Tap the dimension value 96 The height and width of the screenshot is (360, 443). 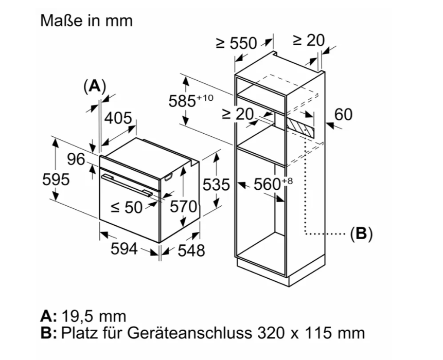coord(77,159)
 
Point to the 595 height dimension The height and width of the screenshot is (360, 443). coord(56,179)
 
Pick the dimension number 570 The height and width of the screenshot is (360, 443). coord(184,207)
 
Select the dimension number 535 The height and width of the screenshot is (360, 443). coord(215,184)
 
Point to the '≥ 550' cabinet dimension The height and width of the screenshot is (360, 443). coord(236,43)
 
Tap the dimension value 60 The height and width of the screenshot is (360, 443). coord(343,114)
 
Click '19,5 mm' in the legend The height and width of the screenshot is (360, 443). coord(93,316)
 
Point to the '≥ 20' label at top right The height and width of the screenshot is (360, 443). coord(309,40)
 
